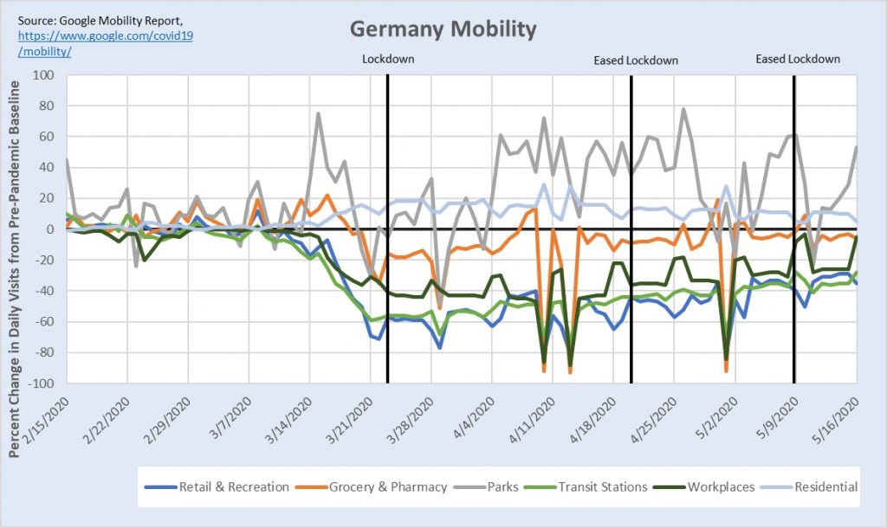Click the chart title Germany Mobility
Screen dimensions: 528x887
tap(443, 29)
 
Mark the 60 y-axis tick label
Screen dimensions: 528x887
tap(45, 138)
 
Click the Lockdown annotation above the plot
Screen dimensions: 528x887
tap(388, 60)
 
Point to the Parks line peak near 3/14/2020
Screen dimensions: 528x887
tap(318, 113)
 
